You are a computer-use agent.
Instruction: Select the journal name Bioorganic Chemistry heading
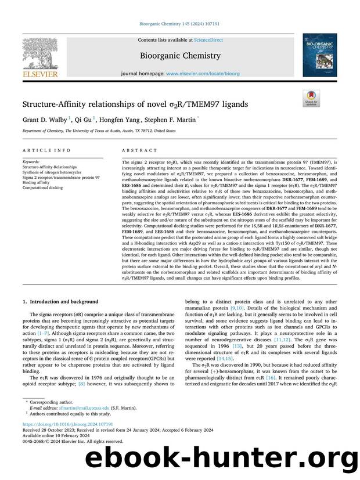[x=180, y=56]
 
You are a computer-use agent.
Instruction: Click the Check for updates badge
[x=311, y=99]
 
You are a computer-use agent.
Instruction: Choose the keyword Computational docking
[x=44, y=187]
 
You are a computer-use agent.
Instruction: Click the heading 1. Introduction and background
[x=60, y=301]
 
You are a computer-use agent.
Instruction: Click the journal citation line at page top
[x=180, y=24]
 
